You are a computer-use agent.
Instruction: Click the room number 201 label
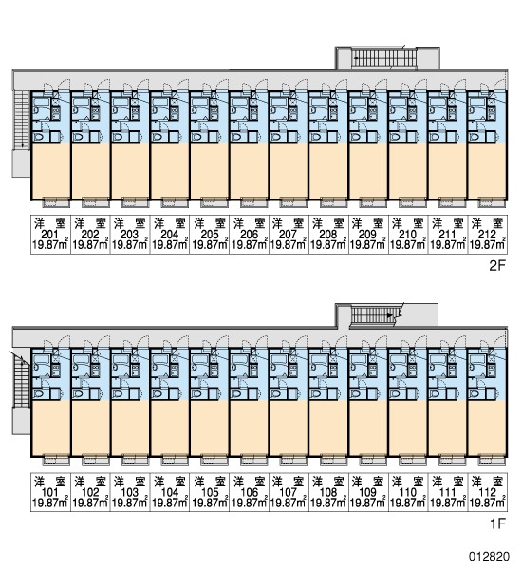coord(50,234)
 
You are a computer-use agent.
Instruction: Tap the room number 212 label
coord(487,234)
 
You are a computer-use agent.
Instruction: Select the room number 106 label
coord(249,492)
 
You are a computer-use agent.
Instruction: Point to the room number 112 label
coord(487,492)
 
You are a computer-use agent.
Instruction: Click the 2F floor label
coord(497,266)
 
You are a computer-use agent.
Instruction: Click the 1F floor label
coord(497,523)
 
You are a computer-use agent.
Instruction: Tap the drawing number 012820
coord(489,556)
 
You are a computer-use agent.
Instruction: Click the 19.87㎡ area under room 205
coord(209,245)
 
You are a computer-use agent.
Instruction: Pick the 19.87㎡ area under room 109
coord(368,503)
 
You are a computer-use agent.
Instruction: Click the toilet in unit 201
coord(39,138)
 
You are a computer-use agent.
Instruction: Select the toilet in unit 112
coord(475,394)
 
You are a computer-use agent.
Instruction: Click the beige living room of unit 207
coord(289,171)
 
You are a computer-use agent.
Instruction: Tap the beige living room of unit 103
coord(130,427)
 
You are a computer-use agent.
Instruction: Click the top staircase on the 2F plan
coord(385,58)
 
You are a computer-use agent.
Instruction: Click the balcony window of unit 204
coord(170,202)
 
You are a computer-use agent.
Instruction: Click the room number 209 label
coord(367,234)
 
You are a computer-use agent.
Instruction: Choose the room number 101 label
coord(50,492)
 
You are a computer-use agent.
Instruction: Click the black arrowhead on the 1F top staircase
coord(390,315)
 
